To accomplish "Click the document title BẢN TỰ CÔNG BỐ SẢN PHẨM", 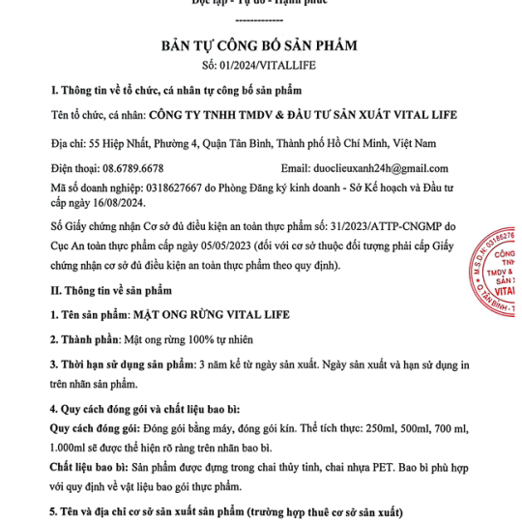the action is tap(258, 44).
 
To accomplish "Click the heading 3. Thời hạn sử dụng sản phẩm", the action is tap(121, 364).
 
